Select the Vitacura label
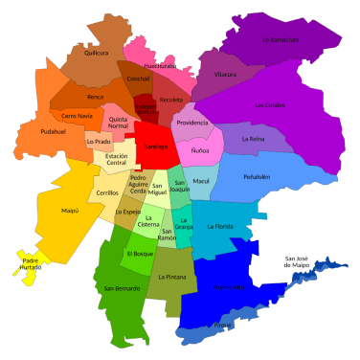pyautogui.click(x=226, y=73)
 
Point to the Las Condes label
pyautogui.click(x=270, y=104)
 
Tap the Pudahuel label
pyautogui.click(x=54, y=131)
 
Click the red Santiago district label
pyautogui.click(x=154, y=146)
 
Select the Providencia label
pyautogui.click(x=192, y=123)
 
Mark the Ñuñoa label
pyautogui.click(x=200, y=151)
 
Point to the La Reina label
pyautogui.click(x=253, y=139)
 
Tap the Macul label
pyautogui.click(x=201, y=180)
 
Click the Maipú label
pyautogui.click(x=42, y=210)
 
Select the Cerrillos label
pyautogui.click(x=107, y=192)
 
